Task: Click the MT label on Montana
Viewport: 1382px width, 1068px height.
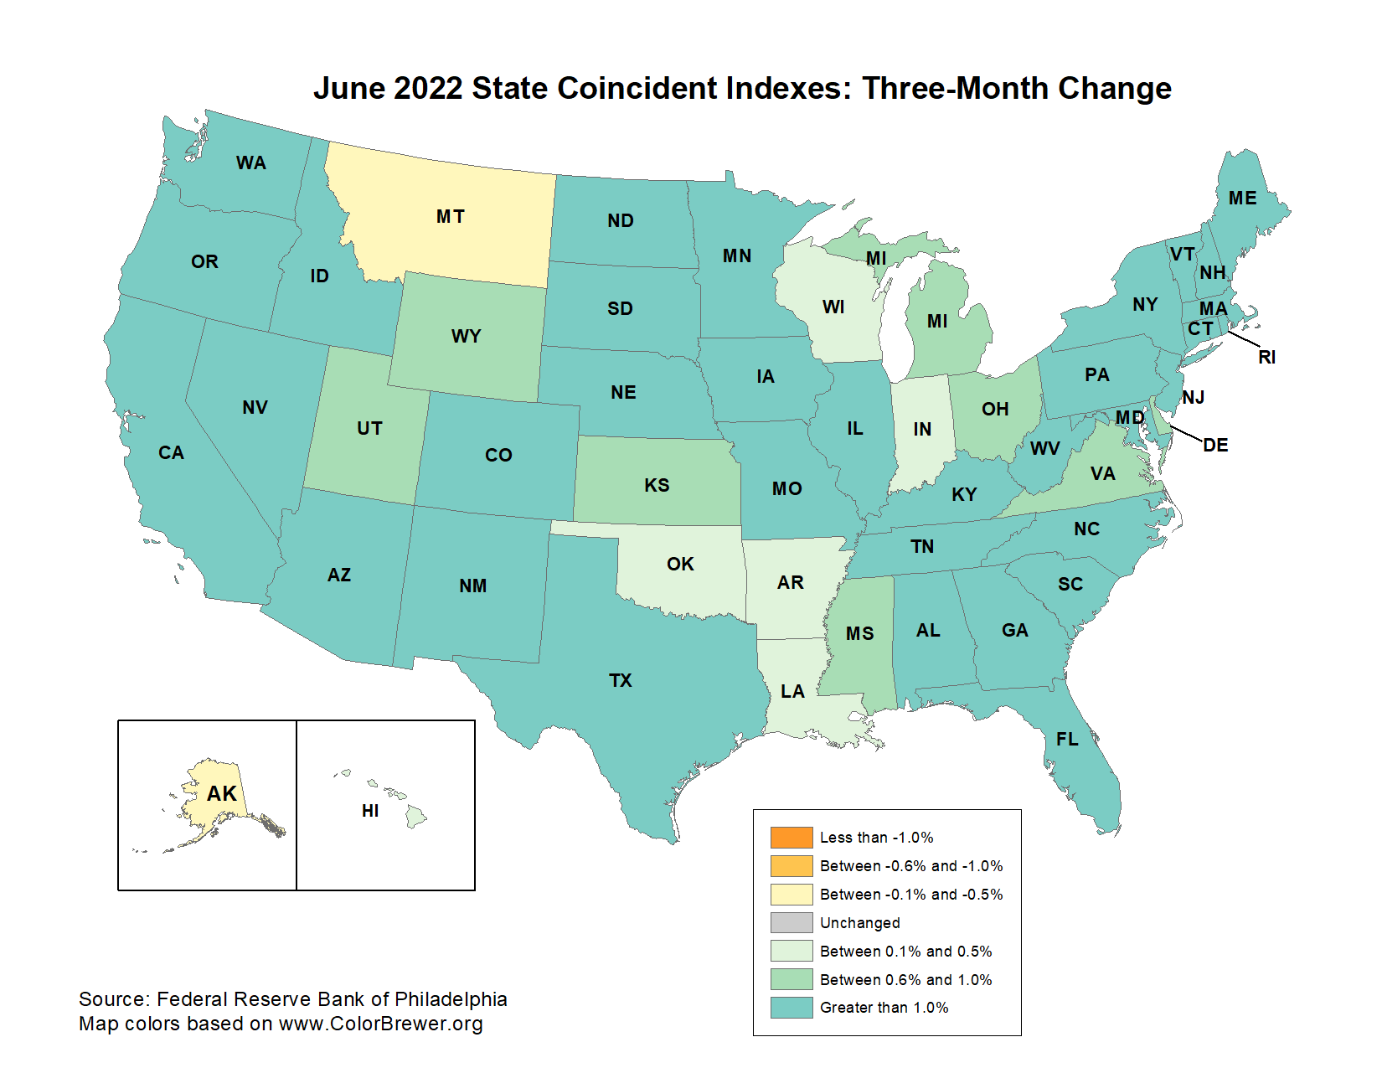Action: click(x=450, y=217)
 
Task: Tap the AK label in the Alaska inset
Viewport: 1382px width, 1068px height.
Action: click(x=222, y=793)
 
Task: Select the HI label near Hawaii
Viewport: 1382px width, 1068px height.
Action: click(x=370, y=811)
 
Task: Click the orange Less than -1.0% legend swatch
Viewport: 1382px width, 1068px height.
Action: click(x=792, y=838)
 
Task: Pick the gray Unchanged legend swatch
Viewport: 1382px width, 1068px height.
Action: click(x=792, y=923)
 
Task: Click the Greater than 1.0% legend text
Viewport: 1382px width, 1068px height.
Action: click(x=884, y=1008)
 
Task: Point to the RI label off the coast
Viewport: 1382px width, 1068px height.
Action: click(x=1266, y=358)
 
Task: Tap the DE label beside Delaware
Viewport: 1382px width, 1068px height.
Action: click(x=1215, y=446)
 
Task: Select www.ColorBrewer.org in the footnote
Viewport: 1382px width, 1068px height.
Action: click(x=380, y=1024)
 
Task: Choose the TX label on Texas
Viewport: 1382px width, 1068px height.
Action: click(x=621, y=681)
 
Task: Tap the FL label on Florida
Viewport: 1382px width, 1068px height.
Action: click(x=1067, y=740)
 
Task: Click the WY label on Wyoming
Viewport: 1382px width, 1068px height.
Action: click(x=466, y=337)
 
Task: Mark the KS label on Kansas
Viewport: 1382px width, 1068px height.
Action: click(x=657, y=486)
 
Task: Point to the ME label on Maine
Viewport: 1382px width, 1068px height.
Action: click(x=1242, y=199)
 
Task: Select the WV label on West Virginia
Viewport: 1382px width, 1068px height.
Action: click(x=1044, y=449)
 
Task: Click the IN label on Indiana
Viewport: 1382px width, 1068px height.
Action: click(x=922, y=430)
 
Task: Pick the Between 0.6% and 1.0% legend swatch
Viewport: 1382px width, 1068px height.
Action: click(x=792, y=979)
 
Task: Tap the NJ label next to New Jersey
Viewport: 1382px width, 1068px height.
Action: click(x=1194, y=397)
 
